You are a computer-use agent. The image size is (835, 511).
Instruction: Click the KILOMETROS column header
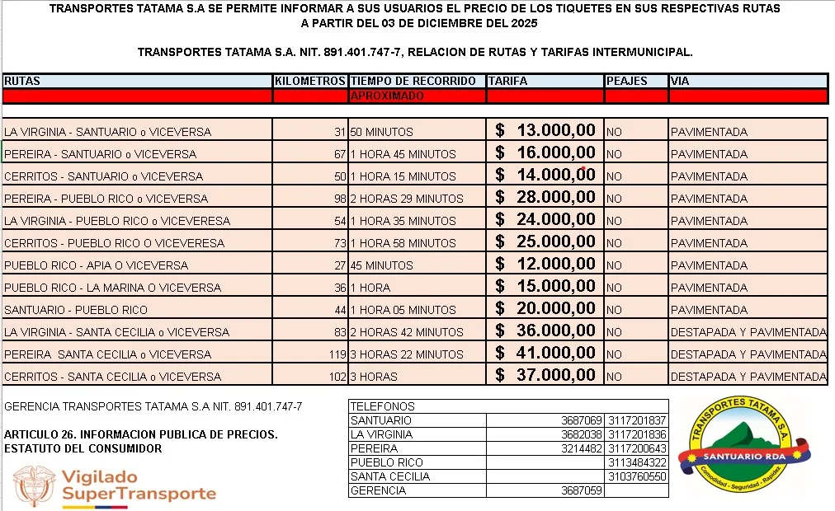pos(309,82)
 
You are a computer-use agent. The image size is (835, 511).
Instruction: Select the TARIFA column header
pos(507,82)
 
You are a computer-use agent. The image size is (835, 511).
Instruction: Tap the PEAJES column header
pos(627,82)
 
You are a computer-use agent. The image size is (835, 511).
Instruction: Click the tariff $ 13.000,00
pos(545,131)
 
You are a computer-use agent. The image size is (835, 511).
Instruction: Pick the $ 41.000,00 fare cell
pos(545,354)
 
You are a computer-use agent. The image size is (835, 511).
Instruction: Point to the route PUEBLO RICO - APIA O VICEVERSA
pos(97,265)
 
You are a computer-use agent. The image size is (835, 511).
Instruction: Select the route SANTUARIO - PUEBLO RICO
pos(76,310)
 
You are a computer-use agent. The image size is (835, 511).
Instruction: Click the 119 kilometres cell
pos(336,354)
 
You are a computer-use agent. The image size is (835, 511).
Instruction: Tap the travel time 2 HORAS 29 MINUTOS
pos(407,199)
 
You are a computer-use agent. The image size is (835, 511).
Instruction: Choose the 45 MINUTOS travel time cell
pos(382,265)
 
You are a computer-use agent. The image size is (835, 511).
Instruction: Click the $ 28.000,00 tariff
pos(545,198)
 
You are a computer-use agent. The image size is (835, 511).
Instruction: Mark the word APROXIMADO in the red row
pos(387,96)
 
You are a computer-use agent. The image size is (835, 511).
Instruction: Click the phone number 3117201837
pos(636,420)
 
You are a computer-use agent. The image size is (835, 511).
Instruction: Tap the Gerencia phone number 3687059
pos(583,490)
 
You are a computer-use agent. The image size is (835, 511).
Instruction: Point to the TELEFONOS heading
pos(382,406)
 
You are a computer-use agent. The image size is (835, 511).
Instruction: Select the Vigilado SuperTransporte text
pos(139,485)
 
